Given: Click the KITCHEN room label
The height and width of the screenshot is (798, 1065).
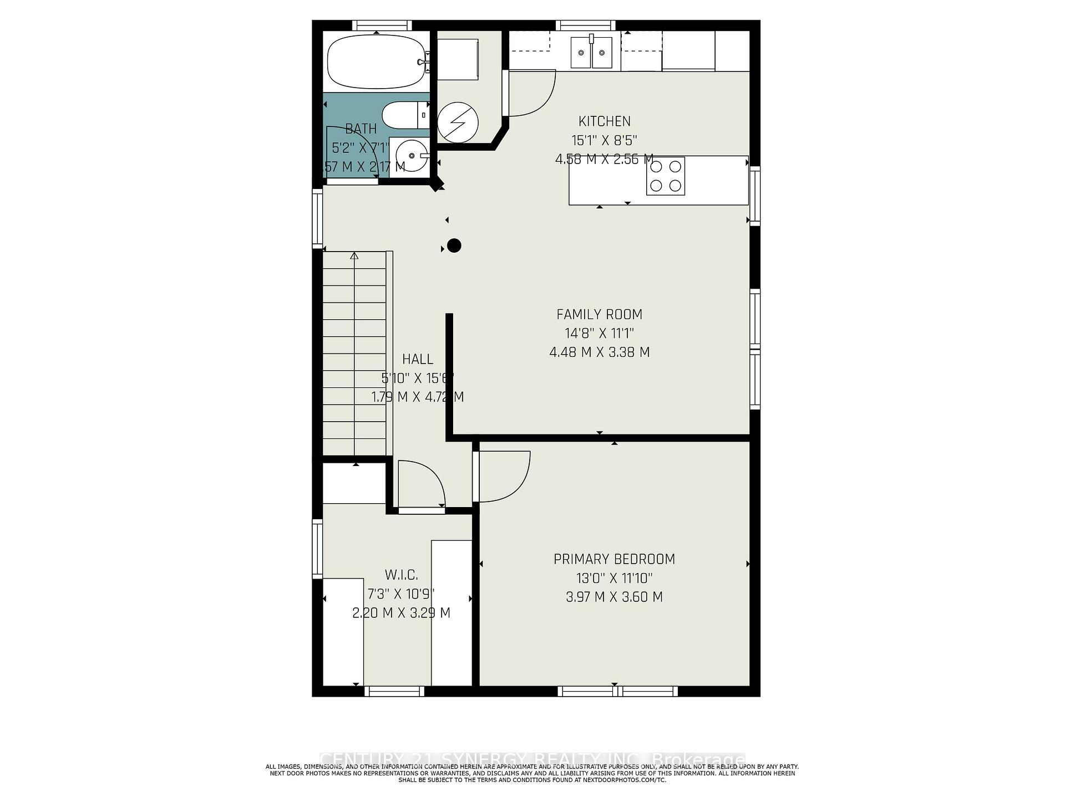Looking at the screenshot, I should [x=604, y=121].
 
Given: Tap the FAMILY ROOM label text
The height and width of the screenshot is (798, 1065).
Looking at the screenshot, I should [x=599, y=315].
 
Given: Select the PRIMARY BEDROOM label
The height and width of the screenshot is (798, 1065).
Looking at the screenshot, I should [x=614, y=559].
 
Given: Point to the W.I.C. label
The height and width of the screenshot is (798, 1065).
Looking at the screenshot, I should [x=401, y=575].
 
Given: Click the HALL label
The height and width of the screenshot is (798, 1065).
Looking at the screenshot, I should [x=417, y=359].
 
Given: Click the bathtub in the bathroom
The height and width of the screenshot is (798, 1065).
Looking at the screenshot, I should [x=376, y=62].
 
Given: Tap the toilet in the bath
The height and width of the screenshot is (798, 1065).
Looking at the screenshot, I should [x=405, y=115].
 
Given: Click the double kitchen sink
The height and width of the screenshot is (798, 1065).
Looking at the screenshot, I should [x=591, y=53].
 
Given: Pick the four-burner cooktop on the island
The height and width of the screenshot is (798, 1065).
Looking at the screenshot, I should [x=665, y=176].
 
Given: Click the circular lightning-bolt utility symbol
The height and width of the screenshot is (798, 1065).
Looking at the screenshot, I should [x=458, y=123].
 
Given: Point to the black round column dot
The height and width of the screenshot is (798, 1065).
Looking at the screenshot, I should [x=454, y=245].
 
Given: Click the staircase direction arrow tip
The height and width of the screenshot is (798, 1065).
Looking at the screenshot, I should [x=354, y=255].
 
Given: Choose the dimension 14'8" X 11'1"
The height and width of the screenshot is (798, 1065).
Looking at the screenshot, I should [x=599, y=334].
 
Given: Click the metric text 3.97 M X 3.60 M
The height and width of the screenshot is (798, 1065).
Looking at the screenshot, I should [x=614, y=597].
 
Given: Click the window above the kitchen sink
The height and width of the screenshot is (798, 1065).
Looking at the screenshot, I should [x=586, y=25].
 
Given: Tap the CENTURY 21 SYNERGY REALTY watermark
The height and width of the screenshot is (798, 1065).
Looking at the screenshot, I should [x=532, y=759].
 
